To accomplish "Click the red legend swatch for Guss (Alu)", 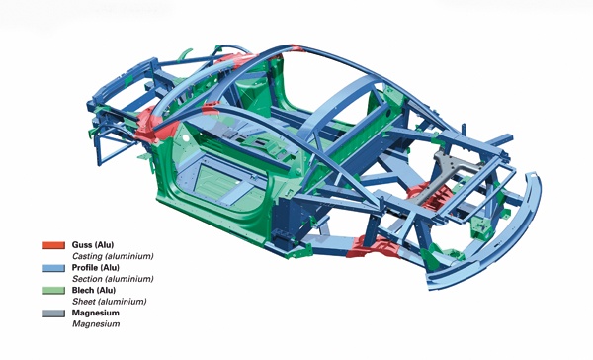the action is click(53, 245).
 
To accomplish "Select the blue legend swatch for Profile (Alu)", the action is click(53, 268).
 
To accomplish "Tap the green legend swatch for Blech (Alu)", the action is click(53, 291).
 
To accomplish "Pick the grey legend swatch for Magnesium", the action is click(53, 314).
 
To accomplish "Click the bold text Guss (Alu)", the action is click(93, 245).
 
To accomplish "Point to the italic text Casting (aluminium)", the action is click(113, 256).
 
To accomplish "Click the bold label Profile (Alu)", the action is click(95, 268).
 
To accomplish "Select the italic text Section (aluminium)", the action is click(113, 279).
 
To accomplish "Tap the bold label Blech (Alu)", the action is click(94, 291).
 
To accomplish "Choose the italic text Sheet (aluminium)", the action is click(109, 302).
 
